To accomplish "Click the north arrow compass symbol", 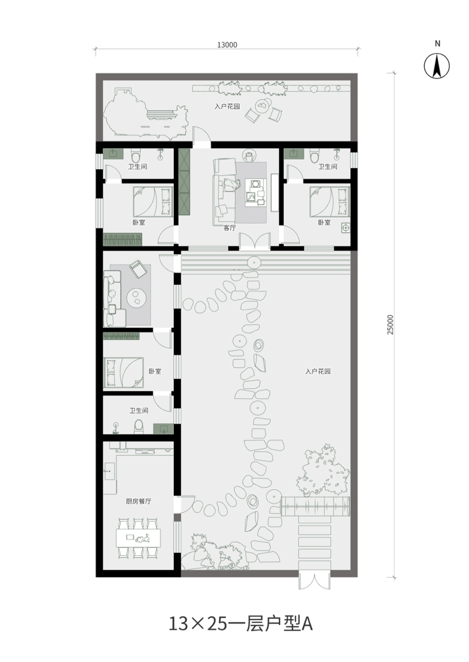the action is tap(437, 66).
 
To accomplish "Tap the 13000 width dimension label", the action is tap(227, 45).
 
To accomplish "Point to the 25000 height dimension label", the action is tap(390, 324).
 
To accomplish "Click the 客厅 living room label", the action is tap(229, 228).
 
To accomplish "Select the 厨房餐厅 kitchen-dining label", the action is tap(138, 502).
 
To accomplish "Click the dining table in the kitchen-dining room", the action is tap(138, 537).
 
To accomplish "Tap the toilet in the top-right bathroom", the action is tap(314, 155).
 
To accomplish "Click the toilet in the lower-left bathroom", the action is tap(139, 426).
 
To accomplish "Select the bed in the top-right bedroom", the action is tap(330, 201).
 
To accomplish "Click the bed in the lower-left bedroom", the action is tap(123, 372).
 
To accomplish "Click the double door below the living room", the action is tap(254, 242).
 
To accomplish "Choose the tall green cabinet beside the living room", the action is tap(185, 182).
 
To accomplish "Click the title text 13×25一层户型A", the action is tap(241, 623).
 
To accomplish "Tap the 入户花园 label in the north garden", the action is tap(227, 106).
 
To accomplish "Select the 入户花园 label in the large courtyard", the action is tap(318, 371).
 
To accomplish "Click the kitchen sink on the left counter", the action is tap(109, 471).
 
